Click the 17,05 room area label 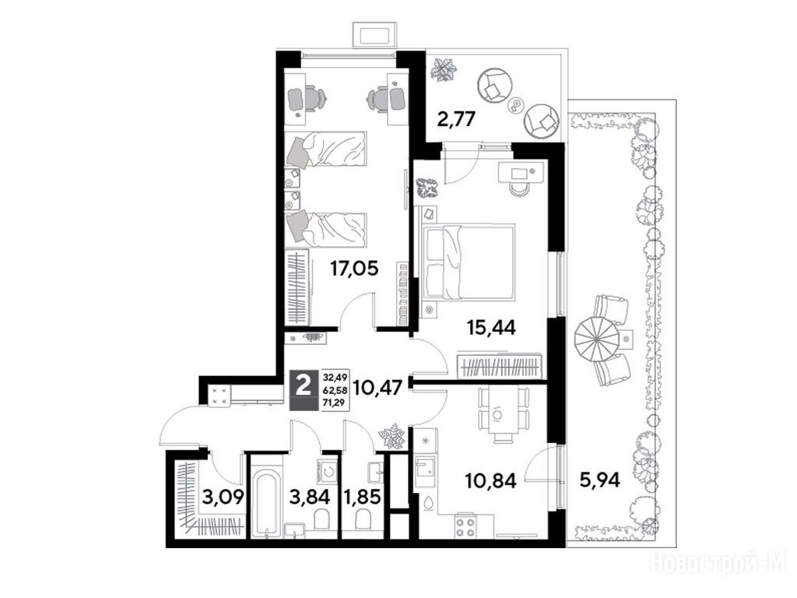point(354,268)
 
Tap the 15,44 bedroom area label point(491,328)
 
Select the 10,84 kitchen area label point(491,480)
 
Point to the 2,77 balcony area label point(456,119)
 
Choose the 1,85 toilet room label point(362,496)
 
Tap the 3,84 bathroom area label point(310,496)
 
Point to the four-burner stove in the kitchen point(465,527)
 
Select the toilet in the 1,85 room point(363,519)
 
